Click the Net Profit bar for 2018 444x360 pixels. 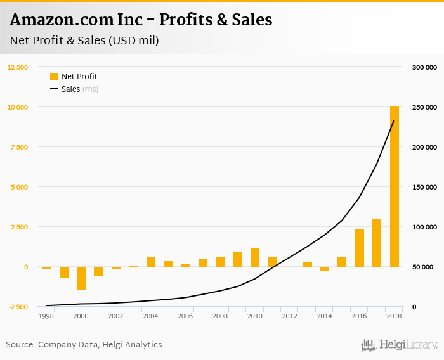tap(395, 186)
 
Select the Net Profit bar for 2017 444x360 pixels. tap(377, 243)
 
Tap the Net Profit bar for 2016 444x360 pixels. tap(360, 248)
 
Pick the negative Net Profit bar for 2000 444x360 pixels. tap(81, 278)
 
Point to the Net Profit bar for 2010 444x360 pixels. tap(255, 257)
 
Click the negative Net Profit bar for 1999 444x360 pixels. tap(64, 273)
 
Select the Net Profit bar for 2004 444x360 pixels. tap(151, 262)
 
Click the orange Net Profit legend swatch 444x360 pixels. tap(54, 77)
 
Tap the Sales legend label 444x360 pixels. tap(70, 89)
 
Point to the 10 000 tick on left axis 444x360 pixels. tap(18, 107)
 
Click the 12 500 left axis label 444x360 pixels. tap(18, 67)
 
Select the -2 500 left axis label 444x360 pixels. tap(18, 307)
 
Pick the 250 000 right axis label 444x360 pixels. tap(424, 107)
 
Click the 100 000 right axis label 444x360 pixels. tap(424, 227)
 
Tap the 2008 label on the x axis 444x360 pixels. tap(220, 316)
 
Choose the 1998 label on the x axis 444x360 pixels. tap(46, 316)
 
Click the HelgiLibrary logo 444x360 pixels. tap(399, 345)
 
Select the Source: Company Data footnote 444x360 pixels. tap(84, 345)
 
